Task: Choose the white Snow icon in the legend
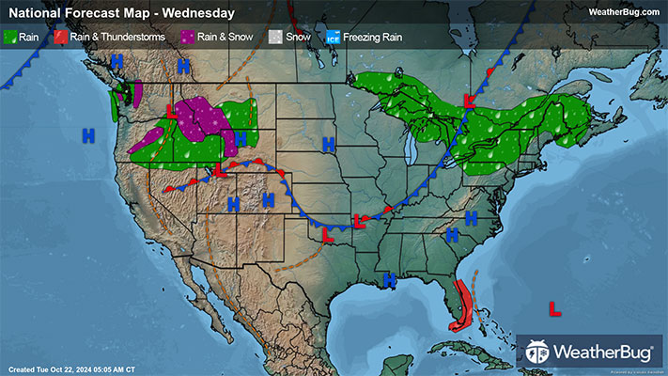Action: click(275, 37)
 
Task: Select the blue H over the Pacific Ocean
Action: click(88, 135)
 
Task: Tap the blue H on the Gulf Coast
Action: click(389, 279)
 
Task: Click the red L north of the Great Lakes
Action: click(471, 101)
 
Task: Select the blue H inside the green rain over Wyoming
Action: click(240, 138)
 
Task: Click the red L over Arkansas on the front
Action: click(358, 222)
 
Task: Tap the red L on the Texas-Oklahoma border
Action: click(328, 236)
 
